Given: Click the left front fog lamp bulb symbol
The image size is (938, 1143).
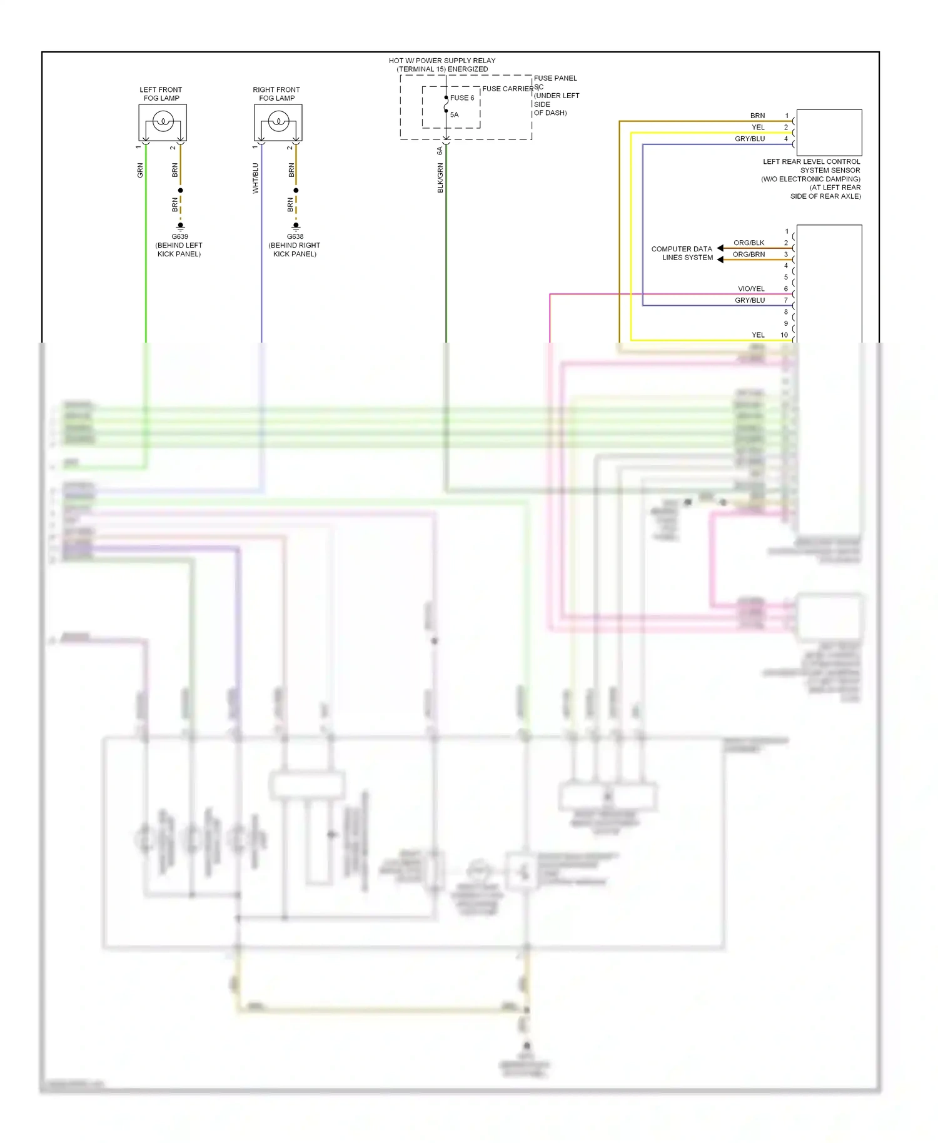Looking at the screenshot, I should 163,121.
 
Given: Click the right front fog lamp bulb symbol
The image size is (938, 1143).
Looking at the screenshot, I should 278,121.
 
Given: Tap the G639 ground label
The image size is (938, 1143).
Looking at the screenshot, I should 180,236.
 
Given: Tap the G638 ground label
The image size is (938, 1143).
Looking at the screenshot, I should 295,236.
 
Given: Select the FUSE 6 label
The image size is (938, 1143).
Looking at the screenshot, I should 462,98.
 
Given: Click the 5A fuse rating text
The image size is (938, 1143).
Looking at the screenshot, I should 455,114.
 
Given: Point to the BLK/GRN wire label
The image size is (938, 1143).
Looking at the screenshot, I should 440,178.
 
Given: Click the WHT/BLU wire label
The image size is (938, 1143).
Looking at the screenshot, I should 255,178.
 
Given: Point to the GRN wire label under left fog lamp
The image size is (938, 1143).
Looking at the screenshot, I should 140,170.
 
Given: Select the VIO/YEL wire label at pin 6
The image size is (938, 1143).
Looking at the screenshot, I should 751,289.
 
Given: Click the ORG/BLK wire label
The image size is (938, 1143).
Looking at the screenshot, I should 749,243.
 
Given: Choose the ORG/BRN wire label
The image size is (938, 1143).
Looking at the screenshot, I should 749,254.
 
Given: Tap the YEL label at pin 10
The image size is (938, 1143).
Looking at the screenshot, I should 758,335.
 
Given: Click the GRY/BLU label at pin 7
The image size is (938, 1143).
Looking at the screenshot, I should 750,300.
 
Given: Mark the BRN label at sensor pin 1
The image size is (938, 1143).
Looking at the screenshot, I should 757,116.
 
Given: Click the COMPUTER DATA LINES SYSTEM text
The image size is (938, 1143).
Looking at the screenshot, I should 682,253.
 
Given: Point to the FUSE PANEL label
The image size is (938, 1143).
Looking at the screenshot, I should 555,78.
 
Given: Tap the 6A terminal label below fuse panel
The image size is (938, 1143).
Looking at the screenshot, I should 440,151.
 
